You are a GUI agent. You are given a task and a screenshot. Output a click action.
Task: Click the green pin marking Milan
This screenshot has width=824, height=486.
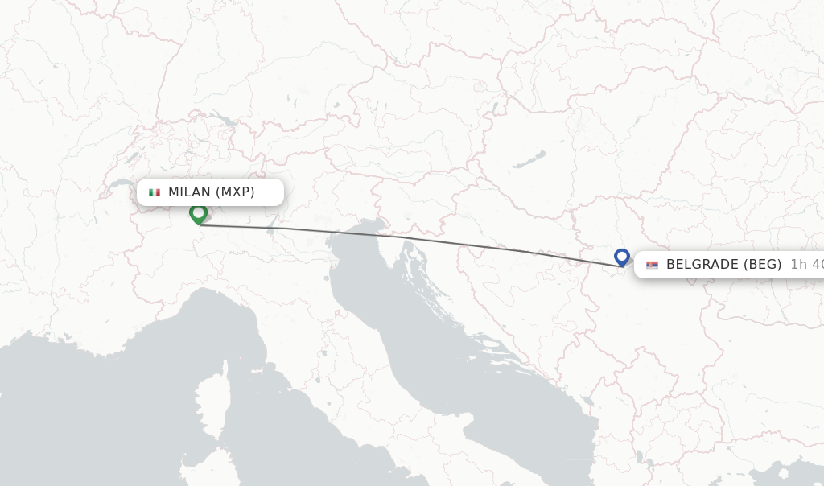[x=198, y=214]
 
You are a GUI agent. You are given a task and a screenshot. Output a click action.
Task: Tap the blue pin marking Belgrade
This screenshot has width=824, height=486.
[x=621, y=257]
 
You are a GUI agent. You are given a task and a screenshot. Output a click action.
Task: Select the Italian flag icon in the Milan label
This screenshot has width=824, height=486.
[x=154, y=192]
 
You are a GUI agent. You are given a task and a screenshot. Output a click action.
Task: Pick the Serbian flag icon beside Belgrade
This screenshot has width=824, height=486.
[x=652, y=265]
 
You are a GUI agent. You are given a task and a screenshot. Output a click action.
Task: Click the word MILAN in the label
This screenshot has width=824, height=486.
[x=189, y=192]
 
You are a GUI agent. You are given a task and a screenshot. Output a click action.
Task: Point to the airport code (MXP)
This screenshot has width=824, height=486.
[x=235, y=192]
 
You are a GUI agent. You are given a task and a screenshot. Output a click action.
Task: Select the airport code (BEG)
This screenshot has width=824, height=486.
[x=761, y=265]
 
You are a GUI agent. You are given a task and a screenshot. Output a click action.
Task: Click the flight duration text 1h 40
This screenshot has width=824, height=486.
[x=806, y=265]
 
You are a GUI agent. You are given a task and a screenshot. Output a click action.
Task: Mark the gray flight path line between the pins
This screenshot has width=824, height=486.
[x=410, y=239]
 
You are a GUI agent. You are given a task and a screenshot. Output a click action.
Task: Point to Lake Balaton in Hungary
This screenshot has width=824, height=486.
[x=529, y=159]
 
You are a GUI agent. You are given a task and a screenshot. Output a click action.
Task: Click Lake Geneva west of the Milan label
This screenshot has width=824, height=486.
[x=121, y=185]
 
